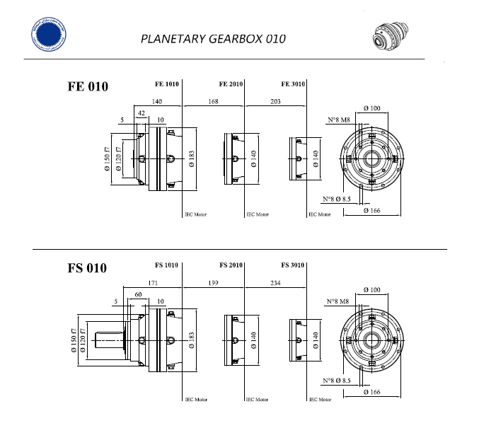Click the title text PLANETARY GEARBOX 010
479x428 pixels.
[213, 38]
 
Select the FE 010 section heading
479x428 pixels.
[88, 87]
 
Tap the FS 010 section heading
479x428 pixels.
[87, 268]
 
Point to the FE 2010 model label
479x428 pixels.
[231, 83]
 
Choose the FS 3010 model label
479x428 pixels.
[292, 265]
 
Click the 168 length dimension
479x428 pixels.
[213, 101]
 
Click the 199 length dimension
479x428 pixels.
[213, 283]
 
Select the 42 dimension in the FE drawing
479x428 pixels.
[142, 113]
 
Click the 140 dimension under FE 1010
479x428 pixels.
[157, 101]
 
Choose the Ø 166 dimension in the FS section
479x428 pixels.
[371, 391]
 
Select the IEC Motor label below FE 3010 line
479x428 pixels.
[320, 214]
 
